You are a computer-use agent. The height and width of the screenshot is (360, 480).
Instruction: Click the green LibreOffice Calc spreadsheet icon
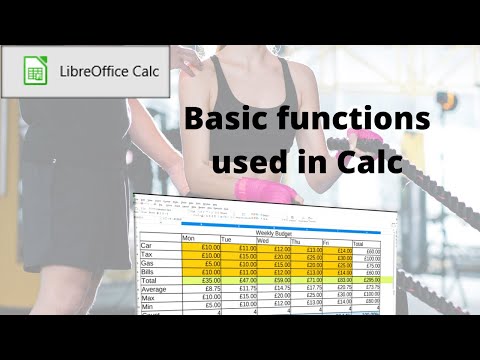[33, 71]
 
